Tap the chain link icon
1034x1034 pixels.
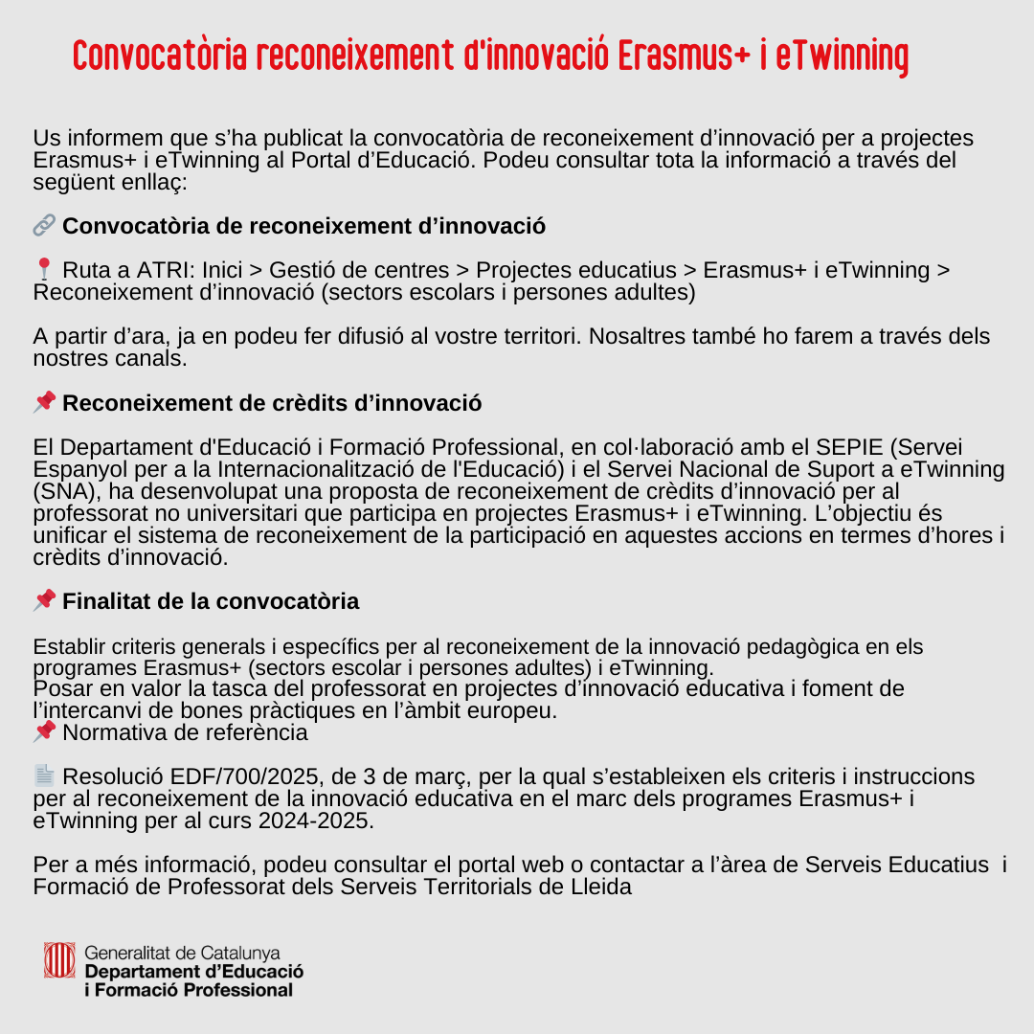(x=44, y=226)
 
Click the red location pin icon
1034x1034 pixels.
(x=44, y=271)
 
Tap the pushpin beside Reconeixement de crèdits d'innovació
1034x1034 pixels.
(x=44, y=403)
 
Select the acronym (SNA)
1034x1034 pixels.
(x=65, y=491)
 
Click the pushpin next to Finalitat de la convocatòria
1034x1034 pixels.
(x=44, y=601)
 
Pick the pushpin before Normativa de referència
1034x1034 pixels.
(x=44, y=732)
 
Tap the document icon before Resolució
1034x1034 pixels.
(x=44, y=775)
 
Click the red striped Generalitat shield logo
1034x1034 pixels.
(x=59, y=960)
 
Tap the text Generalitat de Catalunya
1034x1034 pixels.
(x=182, y=954)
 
